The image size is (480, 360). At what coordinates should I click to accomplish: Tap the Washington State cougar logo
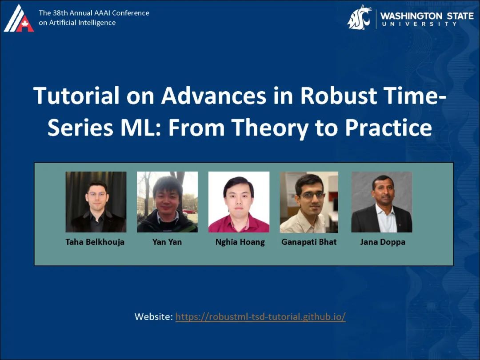[359, 17]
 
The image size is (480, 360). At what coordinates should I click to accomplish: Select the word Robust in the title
[338, 96]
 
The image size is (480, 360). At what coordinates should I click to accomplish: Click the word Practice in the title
[389, 128]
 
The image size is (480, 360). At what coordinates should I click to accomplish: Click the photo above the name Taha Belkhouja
[96, 202]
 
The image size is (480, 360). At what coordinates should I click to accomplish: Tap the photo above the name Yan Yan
[167, 202]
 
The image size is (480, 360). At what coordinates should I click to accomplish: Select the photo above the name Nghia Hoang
[239, 202]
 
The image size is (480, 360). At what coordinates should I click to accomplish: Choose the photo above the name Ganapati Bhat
[309, 202]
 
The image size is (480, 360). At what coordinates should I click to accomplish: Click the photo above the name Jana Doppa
[382, 202]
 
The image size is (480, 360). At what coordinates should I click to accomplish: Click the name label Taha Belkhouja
[95, 242]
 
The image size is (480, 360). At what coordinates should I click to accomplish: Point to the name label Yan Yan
[167, 242]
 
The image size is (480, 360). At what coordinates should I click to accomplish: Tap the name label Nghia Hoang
[240, 242]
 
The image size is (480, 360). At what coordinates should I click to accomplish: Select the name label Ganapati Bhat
[309, 242]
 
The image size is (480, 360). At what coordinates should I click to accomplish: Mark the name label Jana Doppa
[383, 242]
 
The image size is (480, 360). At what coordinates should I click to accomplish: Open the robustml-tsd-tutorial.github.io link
[260, 316]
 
